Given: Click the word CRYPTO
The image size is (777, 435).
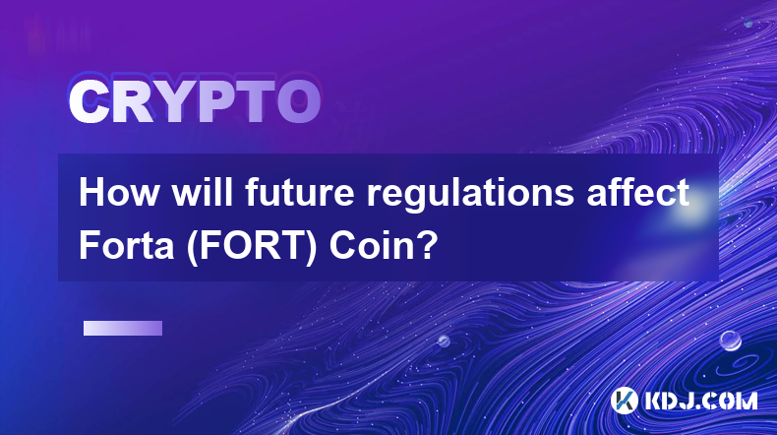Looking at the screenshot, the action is point(195,102).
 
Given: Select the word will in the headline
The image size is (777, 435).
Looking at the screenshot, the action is point(203,193).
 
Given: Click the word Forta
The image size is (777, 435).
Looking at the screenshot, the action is point(126,246).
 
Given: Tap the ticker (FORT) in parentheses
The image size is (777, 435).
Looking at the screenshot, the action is point(252,247).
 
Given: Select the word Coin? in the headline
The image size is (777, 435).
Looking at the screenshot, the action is point(384,246).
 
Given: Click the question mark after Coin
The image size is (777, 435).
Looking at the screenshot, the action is point(427,245).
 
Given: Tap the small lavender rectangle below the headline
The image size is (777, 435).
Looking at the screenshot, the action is point(123,329).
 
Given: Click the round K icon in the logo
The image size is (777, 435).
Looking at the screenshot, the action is point(625,401).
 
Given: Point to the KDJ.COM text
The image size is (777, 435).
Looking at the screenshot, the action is point(700,401).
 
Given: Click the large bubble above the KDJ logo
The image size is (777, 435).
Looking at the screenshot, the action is point(731,341).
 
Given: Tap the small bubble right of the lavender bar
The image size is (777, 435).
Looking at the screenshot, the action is point(444,341).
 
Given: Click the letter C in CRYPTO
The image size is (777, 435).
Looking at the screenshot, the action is point(89,102).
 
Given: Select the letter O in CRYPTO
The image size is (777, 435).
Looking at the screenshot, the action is point(298,102).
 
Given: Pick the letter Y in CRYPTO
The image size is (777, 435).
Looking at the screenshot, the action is point(175,102).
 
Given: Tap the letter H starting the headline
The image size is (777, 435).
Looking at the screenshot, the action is point(91,193).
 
